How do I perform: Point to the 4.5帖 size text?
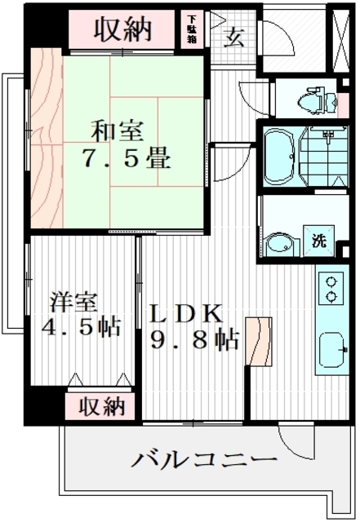(82, 327)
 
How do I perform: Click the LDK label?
(185, 313)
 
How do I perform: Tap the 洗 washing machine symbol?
(318, 241)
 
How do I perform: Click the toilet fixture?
(318, 100)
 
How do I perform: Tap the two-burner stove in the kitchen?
(332, 288)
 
